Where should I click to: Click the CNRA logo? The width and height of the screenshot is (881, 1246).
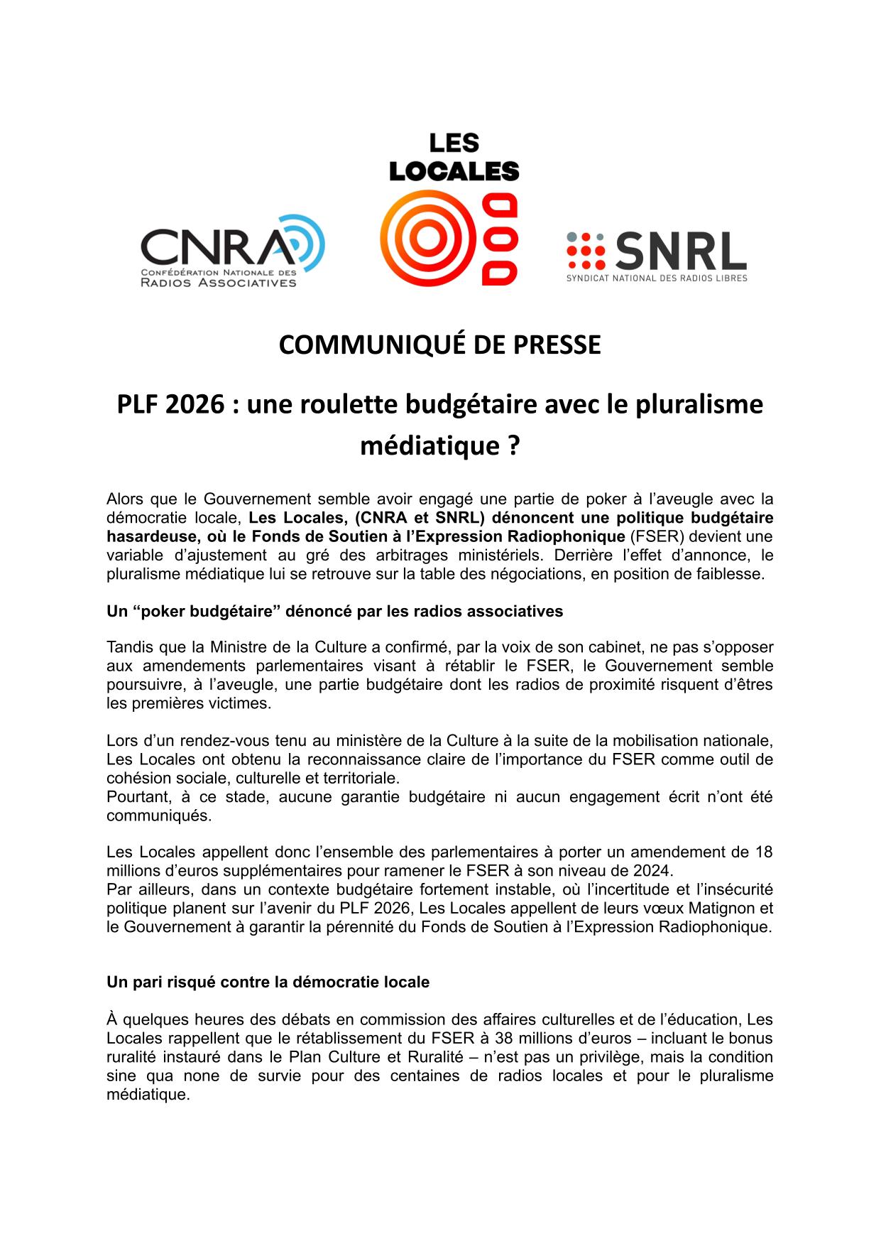click(x=232, y=252)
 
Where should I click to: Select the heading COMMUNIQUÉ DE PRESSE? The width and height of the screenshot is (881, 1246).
click(x=439, y=345)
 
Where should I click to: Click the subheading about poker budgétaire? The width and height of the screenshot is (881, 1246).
click(x=334, y=611)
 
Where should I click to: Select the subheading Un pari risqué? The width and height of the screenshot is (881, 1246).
click(x=268, y=982)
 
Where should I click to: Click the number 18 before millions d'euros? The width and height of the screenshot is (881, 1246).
click(x=763, y=852)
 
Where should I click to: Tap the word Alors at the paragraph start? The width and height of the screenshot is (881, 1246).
click(x=125, y=499)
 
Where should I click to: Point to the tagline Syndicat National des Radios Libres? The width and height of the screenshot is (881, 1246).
click(x=656, y=278)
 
